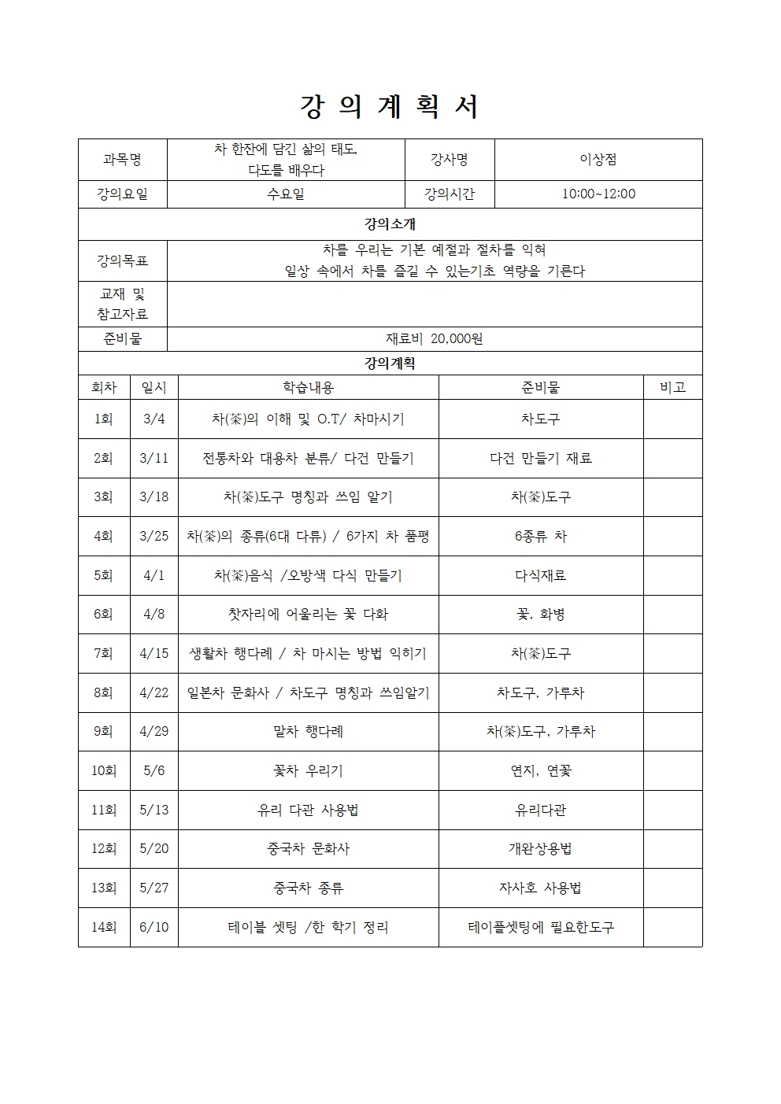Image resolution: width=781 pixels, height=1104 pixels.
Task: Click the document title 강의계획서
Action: point(390,107)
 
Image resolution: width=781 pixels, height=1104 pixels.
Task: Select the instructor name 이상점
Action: point(598,160)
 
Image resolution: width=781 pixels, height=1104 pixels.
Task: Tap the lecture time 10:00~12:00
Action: point(598,194)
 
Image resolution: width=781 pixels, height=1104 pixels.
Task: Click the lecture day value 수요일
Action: point(286,194)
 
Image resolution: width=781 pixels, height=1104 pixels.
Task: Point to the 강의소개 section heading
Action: point(390,224)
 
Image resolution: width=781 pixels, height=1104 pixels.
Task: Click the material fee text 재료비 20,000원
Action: point(434,339)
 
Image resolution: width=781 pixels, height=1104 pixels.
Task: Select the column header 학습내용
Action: point(308,387)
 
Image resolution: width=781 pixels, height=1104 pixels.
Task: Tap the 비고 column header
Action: point(672,387)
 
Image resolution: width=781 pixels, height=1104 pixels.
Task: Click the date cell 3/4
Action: point(154,419)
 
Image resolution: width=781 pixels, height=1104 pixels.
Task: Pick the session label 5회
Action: point(103,575)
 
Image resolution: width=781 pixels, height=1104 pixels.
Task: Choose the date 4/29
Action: point(154,731)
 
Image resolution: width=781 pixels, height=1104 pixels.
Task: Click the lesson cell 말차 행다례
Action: point(308,731)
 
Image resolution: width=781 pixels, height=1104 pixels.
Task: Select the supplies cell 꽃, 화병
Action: point(540,614)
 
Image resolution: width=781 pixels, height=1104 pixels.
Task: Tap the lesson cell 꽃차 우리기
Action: point(308,770)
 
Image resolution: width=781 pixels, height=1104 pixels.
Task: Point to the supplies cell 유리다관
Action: point(540,810)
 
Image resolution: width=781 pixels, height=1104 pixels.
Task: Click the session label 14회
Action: point(103,927)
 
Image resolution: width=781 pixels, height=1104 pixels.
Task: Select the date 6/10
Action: point(154,927)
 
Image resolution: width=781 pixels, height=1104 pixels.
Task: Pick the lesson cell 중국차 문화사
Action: point(308,848)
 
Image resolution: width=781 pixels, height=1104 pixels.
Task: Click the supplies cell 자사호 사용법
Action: point(540,888)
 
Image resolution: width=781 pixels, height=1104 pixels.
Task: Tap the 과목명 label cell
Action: point(122,160)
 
